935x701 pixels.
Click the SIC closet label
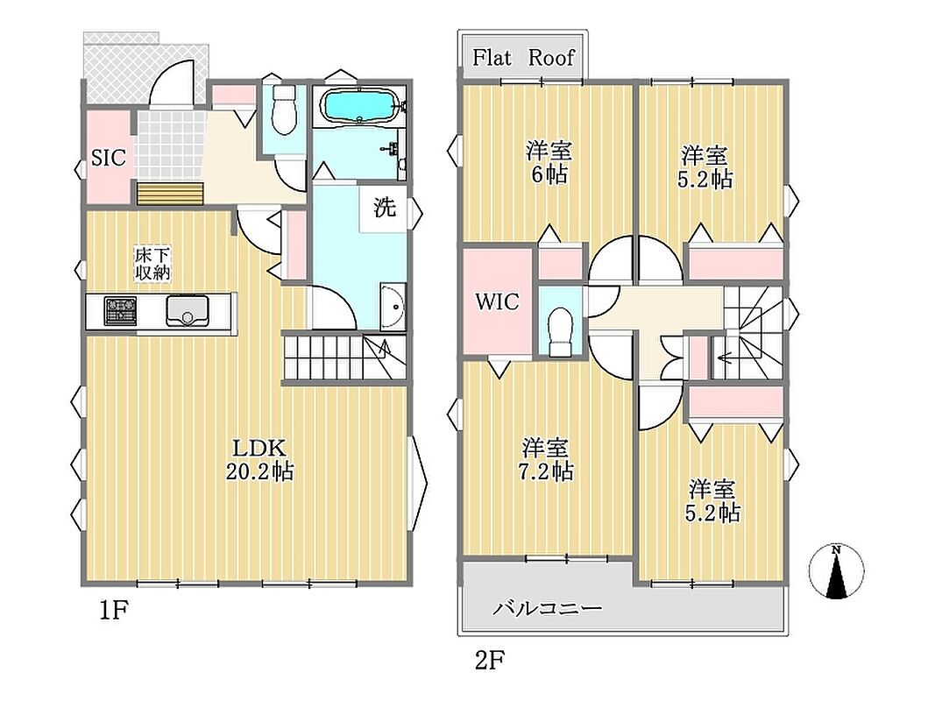(x=109, y=158)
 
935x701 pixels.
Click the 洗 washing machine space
(x=385, y=208)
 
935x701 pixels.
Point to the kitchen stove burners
(x=120, y=310)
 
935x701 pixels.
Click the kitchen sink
(x=188, y=310)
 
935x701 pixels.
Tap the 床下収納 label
(x=152, y=264)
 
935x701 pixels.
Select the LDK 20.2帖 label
(x=259, y=459)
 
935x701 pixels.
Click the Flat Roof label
(x=523, y=58)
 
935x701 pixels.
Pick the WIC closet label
(x=497, y=301)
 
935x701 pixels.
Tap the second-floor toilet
(x=559, y=331)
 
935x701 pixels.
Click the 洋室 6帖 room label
(x=548, y=162)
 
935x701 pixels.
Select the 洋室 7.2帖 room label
(x=547, y=459)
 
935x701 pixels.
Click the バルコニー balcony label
(x=548, y=609)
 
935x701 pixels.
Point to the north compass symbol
(x=836, y=571)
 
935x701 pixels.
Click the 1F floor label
(x=114, y=611)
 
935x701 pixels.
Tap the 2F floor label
(x=490, y=660)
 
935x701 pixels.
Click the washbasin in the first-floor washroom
(x=393, y=307)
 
